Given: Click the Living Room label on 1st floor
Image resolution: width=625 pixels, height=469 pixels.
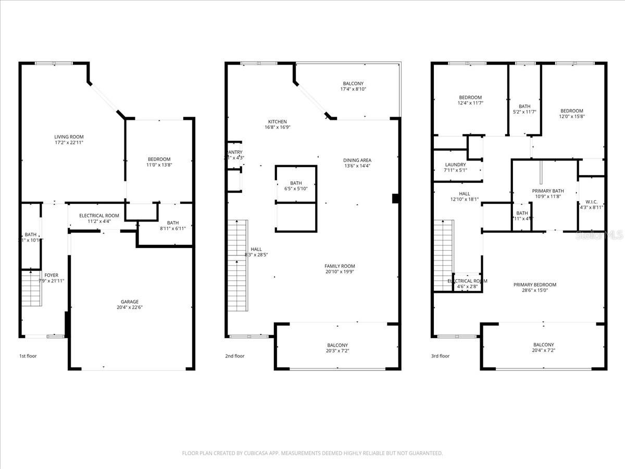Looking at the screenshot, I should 69,137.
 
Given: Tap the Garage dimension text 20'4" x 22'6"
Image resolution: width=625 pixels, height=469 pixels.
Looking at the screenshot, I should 130,307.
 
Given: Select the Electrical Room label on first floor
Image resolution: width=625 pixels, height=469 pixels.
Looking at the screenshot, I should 99,216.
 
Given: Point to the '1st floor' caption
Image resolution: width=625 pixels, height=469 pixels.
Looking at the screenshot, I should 28,356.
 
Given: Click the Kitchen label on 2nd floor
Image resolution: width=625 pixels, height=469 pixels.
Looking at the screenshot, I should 277,121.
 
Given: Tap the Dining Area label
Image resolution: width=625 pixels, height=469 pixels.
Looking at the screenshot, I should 357,160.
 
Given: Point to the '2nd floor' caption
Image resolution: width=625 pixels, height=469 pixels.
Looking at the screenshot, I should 235,356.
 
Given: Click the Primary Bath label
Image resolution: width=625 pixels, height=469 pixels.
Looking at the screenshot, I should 547,191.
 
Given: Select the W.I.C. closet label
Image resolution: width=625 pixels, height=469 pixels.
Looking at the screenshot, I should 592,202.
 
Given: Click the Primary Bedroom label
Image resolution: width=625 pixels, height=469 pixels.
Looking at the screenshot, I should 534,285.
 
